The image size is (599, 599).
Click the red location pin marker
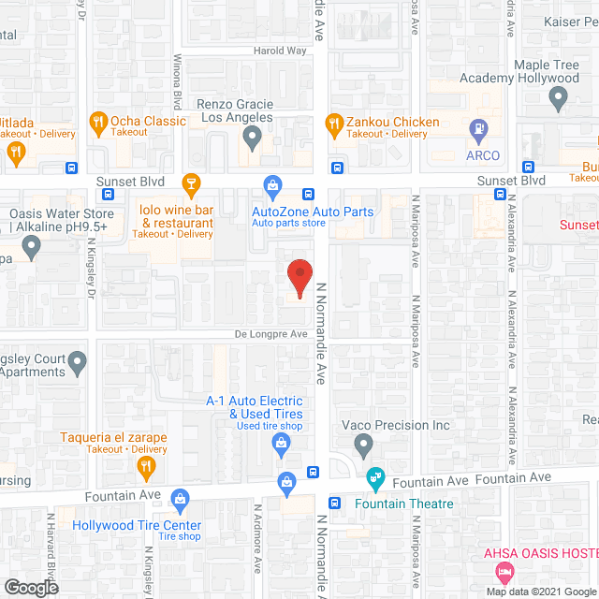(x=299, y=277)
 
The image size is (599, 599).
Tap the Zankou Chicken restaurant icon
(x=334, y=123)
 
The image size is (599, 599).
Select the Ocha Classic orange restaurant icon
(x=96, y=122)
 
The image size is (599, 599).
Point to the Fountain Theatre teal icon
(x=375, y=479)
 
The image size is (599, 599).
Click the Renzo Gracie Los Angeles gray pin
(x=252, y=139)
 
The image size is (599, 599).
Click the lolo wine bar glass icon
(x=191, y=182)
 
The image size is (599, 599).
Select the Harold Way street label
(x=280, y=51)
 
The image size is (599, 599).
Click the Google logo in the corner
(x=30, y=587)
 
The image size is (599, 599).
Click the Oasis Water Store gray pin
(x=31, y=248)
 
